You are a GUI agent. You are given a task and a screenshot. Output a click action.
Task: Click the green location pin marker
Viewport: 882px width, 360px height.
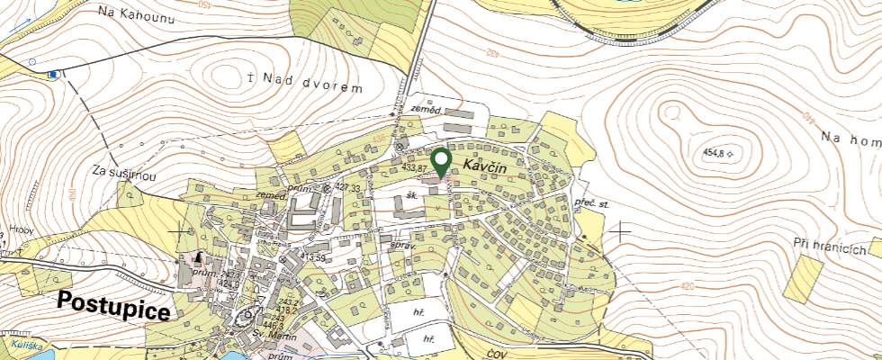coord(441,161)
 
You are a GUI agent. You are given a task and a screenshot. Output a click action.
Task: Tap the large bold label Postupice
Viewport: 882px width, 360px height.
coord(114,307)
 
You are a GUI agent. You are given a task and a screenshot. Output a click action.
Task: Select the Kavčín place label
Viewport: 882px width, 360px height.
coord(487,166)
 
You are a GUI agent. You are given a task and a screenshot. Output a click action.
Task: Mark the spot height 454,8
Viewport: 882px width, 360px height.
coord(711,154)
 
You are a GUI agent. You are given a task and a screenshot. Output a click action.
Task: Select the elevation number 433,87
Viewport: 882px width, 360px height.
coord(415,168)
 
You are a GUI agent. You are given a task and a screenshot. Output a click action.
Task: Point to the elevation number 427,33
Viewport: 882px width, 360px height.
coord(354,187)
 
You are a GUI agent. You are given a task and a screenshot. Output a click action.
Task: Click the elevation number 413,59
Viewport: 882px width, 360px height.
coord(313,257)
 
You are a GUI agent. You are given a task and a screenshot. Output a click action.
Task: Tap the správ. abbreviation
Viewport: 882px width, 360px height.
coord(401,245)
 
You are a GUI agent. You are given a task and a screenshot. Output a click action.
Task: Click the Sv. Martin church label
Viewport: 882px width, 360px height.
coord(273,334)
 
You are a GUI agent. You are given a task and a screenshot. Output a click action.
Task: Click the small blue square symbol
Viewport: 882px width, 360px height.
coord(54,74)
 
